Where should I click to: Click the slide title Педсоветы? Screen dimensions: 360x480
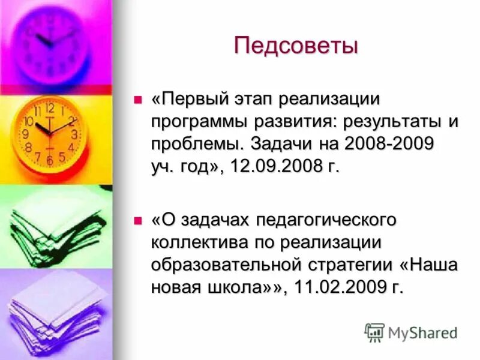pyautogui.click(x=296, y=46)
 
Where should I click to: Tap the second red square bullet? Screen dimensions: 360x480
pyautogui.click(x=137, y=221)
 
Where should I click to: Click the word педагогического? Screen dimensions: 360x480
pyautogui.click(x=326, y=220)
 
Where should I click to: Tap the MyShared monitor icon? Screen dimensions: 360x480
pyautogui.click(x=374, y=332)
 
